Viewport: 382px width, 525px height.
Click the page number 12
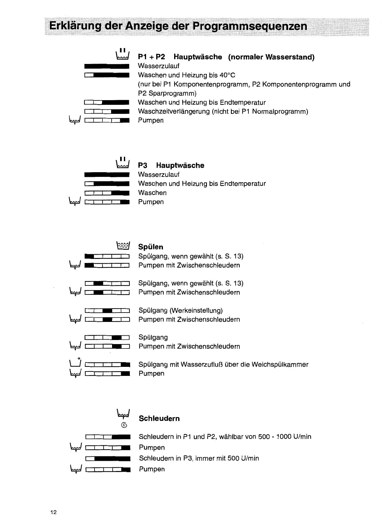click(x=53, y=512)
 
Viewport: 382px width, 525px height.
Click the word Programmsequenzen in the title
click(x=250, y=26)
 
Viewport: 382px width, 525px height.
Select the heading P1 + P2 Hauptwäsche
click(x=180, y=57)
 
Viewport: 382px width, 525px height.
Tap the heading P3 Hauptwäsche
click(x=171, y=165)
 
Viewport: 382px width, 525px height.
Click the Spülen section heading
click(x=150, y=247)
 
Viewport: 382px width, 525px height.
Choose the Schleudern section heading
click(x=159, y=418)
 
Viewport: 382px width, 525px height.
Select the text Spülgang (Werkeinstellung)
click(x=180, y=310)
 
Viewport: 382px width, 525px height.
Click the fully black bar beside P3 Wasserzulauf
click(x=107, y=174)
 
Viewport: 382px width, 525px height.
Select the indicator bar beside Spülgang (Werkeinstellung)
click(x=107, y=310)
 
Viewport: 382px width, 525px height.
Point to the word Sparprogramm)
click(x=167, y=93)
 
